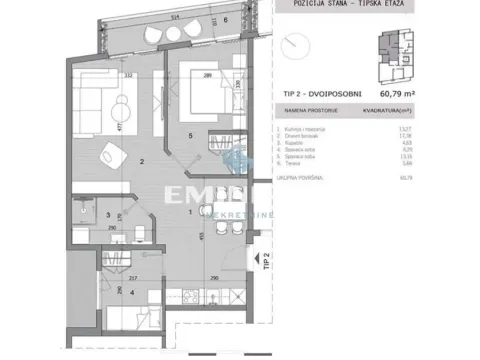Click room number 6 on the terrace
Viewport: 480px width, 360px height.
click(x=226, y=19)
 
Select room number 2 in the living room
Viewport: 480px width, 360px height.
click(x=143, y=161)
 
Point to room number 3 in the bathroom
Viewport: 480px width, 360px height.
click(x=108, y=213)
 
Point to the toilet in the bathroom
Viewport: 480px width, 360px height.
click(x=80, y=212)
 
